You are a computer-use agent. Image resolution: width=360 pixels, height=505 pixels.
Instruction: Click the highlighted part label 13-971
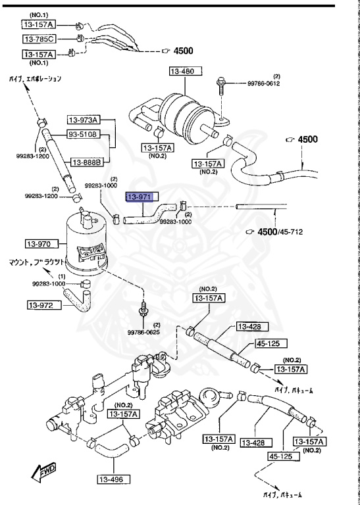pos(140,197)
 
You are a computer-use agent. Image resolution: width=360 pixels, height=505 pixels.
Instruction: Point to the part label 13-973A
pos(82,120)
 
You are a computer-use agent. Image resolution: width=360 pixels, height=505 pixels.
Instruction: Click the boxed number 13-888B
pos(86,162)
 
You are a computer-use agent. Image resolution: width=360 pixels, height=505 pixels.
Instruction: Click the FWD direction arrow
pos(44,471)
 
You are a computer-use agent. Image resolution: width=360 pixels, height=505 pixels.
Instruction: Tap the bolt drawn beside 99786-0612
pos(222,91)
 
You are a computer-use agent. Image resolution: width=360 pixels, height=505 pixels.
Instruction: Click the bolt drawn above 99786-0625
pos(142,307)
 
